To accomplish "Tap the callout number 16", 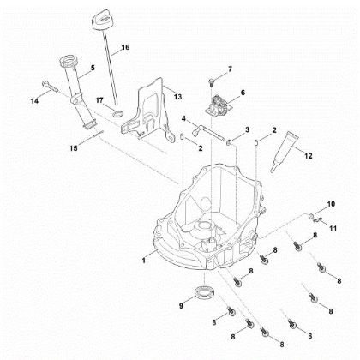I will (125, 49).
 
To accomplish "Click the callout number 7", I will (229, 68).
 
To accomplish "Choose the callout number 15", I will (74, 148).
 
